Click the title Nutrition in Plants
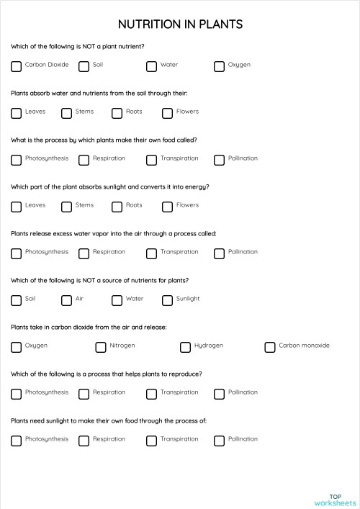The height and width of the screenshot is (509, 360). click(180, 24)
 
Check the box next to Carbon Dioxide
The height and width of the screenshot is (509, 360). click(17, 66)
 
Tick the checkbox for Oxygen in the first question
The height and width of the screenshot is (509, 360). click(220, 66)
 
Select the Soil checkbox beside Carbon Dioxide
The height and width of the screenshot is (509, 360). click(84, 66)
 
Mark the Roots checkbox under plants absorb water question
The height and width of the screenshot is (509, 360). click(117, 113)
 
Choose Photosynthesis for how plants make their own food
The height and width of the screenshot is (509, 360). click(17, 160)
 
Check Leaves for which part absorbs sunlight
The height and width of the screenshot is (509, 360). click(17, 207)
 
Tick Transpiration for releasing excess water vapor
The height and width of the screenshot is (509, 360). click(152, 253)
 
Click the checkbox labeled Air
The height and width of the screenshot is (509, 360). click(67, 300)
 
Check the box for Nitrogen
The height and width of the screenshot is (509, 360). click(101, 347)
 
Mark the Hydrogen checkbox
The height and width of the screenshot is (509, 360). click(186, 347)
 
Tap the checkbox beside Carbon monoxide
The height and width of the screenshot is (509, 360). click(270, 347)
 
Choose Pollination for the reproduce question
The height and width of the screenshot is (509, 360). click(220, 394)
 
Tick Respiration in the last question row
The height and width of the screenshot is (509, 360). click(84, 441)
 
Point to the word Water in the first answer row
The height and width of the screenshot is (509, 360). click(169, 65)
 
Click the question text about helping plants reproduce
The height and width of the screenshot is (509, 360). click(106, 374)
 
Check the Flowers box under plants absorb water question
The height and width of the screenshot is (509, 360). click(168, 113)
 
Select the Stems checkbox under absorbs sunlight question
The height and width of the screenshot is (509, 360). click(67, 207)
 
